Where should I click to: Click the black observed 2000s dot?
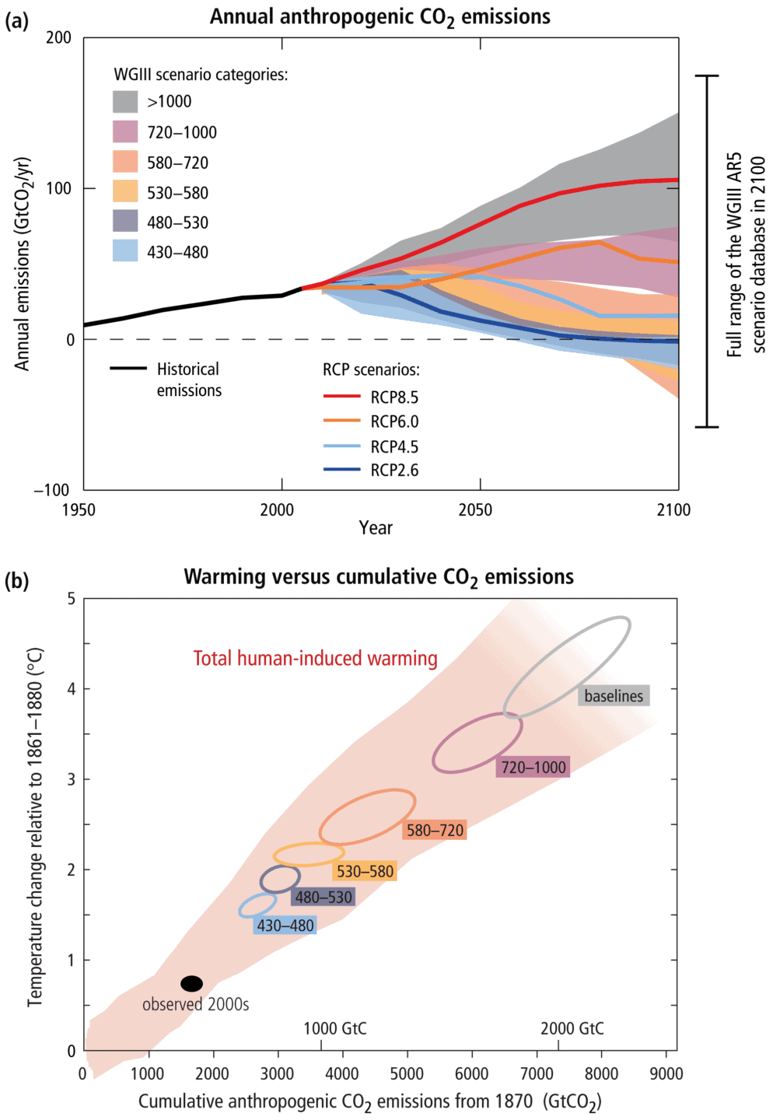(x=191, y=983)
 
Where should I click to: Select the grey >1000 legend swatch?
(x=125, y=102)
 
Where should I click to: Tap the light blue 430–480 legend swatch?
(x=125, y=251)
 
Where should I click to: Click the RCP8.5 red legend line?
(x=342, y=397)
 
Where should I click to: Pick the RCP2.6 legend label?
(x=394, y=470)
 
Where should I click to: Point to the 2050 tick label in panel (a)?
(x=475, y=510)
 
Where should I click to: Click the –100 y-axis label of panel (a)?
(x=51, y=490)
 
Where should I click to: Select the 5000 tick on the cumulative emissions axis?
(x=406, y=1074)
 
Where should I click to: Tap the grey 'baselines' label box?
(x=614, y=696)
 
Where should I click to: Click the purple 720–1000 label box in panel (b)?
(x=533, y=768)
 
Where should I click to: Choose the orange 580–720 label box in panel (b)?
(x=435, y=830)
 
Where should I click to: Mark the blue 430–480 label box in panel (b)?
(x=285, y=926)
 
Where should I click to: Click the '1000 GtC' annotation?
(x=335, y=1028)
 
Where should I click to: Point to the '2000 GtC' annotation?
(x=572, y=1028)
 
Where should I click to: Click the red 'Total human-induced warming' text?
(x=315, y=659)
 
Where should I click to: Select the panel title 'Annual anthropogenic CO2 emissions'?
(x=380, y=17)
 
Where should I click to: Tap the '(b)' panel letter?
(x=17, y=581)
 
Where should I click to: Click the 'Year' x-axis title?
(x=376, y=528)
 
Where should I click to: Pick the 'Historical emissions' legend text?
(x=189, y=380)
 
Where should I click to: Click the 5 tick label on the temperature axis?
(x=72, y=599)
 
